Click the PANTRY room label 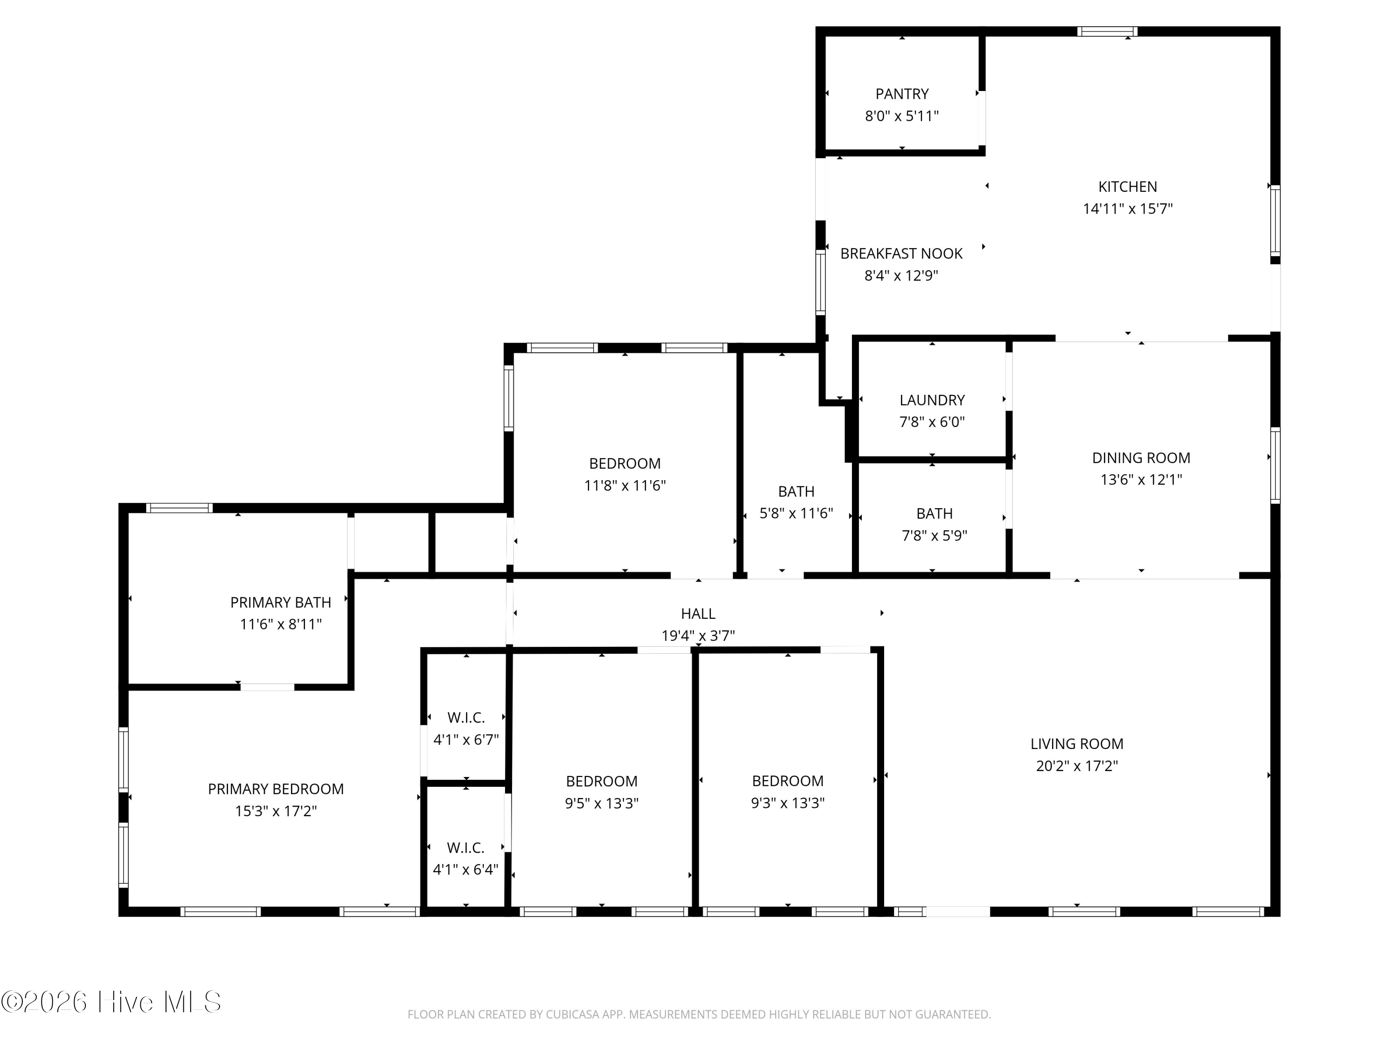[902, 94]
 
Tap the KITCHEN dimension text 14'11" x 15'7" [1128, 209]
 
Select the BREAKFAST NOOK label [901, 254]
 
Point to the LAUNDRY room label [932, 400]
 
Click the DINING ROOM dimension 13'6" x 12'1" [1141, 480]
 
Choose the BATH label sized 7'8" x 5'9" [934, 513]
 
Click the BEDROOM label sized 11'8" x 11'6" [625, 463]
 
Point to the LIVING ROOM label [1077, 744]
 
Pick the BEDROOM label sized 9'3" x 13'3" [788, 781]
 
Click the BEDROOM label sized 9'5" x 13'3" [602, 781]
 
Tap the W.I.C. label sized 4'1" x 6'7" [466, 718]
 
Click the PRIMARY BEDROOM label [276, 789]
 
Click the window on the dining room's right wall [1276, 466]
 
